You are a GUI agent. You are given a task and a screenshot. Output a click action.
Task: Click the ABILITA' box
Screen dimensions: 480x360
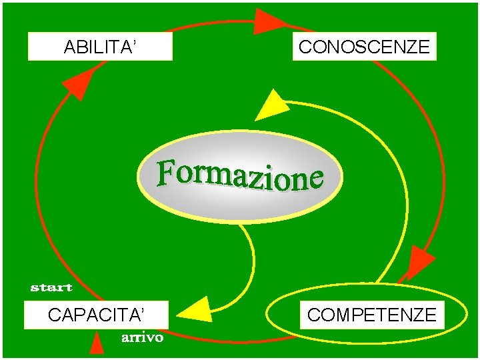(x=100, y=47)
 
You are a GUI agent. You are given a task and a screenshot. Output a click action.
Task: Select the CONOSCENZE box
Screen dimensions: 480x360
(x=364, y=47)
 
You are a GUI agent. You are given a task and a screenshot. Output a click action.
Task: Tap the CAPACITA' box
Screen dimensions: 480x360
(x=96, y=315)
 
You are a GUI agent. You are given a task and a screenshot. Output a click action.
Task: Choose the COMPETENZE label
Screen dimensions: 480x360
(x=371, y=315)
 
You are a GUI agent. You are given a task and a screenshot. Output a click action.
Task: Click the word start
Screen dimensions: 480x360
(x=51, y=288)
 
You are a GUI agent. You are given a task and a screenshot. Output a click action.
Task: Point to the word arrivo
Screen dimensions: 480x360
(x=142, y=338)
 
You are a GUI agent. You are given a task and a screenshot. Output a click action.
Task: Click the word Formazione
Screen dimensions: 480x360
(x=240, y=175)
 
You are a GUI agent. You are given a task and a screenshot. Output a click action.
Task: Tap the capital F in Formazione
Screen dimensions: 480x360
(x=167, y=172)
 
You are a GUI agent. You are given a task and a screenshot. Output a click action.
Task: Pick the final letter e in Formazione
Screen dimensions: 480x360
(x=315, y=179)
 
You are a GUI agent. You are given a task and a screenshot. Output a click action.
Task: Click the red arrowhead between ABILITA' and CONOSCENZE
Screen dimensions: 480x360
(x=269, y=21)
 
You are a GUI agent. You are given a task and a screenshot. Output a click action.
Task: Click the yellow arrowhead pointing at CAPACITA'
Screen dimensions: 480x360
(x=196, y=310)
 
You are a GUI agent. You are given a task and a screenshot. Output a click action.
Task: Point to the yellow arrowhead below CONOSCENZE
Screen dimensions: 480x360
(x=271, y=107)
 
